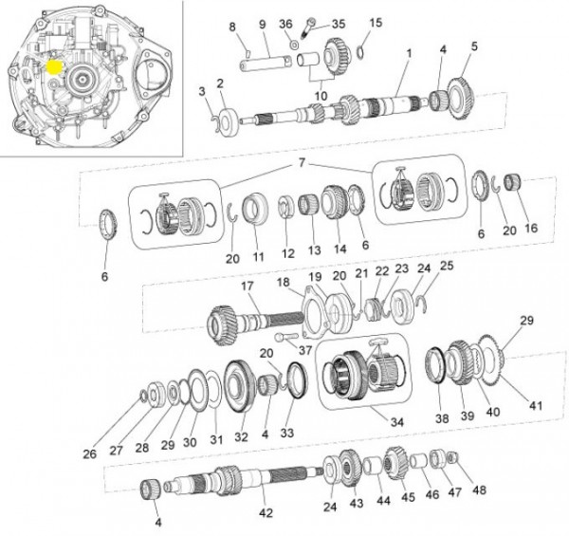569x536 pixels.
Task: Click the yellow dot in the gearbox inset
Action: (54, 68)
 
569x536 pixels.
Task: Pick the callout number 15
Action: (376, 22)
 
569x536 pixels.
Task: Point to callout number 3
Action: (201, 91)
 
